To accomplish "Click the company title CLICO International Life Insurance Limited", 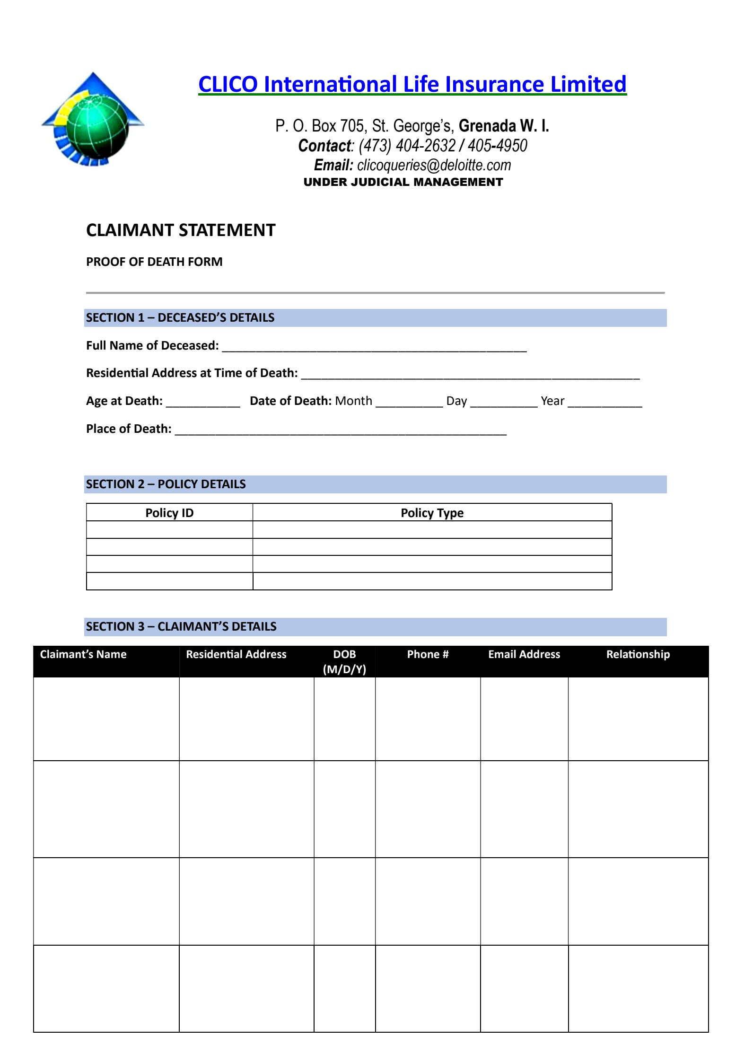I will (x=412, y=84).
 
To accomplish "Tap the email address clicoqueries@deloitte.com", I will (x=434, y=165).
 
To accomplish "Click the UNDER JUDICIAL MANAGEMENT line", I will (x=403, y=182).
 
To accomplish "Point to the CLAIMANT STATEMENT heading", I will (x=181, y=230).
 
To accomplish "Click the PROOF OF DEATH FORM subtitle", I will (x=154, y=262).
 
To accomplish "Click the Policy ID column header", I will (x=169, y=513).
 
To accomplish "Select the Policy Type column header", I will (x=432, y=513).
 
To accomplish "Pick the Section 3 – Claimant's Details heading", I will (x=181, y=626).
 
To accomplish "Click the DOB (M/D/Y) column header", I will (x=344, y=661).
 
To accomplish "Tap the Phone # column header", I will (x=428, y=654).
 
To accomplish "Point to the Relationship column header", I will (x=638, y=654).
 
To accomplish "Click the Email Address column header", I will (x=524, y=654).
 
